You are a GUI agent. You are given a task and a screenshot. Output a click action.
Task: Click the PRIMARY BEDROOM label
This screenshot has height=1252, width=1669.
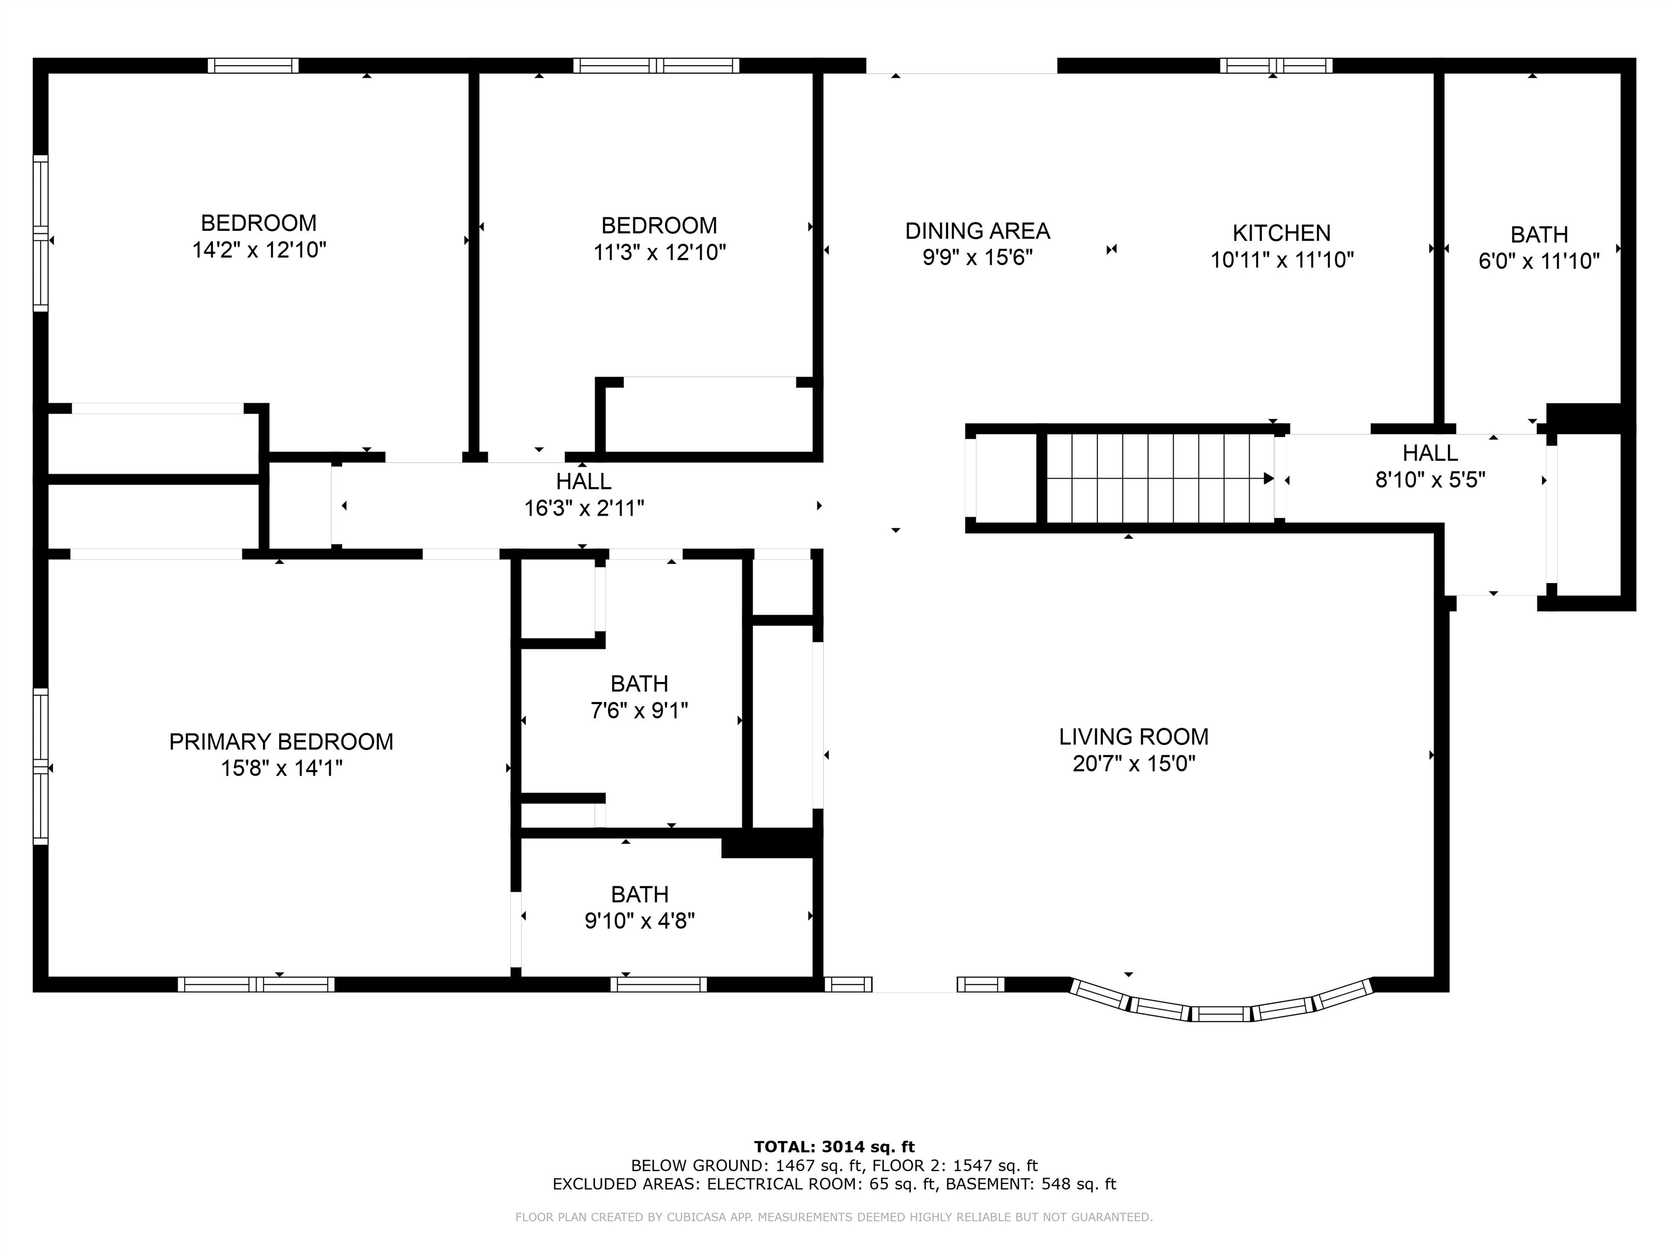point(281,742)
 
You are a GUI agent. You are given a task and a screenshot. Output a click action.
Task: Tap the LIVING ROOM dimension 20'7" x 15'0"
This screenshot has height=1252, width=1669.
point(1134,763)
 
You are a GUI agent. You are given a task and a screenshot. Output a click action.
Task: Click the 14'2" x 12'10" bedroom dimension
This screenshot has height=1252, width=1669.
point(259,250)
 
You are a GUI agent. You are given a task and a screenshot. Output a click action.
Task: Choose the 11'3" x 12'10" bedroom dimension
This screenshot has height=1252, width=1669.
point(660,252)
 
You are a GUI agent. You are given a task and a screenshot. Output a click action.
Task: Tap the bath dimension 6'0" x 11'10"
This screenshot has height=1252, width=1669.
point(1539,261)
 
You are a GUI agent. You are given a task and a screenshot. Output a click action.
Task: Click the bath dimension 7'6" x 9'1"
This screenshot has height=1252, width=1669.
point(639,711)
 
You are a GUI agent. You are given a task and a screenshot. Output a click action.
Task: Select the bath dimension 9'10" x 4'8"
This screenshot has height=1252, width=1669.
point(640,921)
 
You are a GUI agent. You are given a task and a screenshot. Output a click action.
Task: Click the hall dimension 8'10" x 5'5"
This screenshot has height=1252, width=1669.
point(1430,479)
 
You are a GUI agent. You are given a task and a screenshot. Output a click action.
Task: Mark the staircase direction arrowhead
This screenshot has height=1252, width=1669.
point(1269,478)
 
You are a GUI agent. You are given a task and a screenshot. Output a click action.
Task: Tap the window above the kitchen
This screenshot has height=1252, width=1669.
point(1276,66)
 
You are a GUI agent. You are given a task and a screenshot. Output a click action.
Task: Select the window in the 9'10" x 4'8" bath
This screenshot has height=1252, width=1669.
point(658,984)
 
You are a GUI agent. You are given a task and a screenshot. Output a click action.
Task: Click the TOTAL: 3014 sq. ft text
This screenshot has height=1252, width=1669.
point(834,1147)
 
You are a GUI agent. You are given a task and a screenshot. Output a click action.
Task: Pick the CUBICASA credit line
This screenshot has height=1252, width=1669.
point(834,1217)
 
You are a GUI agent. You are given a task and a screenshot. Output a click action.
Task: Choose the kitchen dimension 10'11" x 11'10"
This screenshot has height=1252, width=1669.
point(1282,260)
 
